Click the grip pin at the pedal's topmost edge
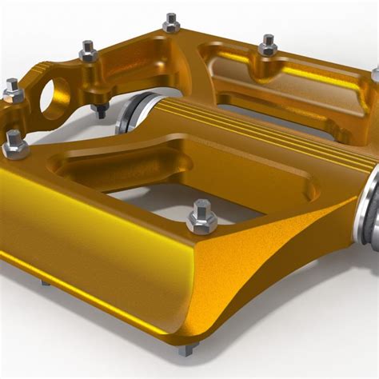click(x=170, y=22)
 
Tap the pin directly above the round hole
click(x=88, y=53)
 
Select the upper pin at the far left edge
click(x=12, y=90)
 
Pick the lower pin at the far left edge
click(x=14, y=143)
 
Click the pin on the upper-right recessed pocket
click(x=268, y=45)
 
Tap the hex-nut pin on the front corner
click(x=201, y=217)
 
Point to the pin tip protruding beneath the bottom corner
click(x=186, y=349)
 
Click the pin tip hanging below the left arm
click(x=100, y=110)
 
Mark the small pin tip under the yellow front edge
click(x=45, y=282)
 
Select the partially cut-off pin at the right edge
click(x=375, y=75)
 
